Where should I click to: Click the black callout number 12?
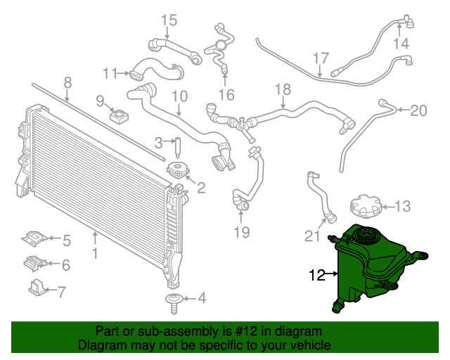click(x=317, y=275)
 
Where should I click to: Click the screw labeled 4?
click(x=174, y=304)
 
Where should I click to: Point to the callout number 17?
click(x=321, y=58)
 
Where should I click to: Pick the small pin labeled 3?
click(x=178, y=148)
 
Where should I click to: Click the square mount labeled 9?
click(x=119, y=116)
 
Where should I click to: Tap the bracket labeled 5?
click(x=34, y=238)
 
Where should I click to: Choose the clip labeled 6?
click(x=34, y=263)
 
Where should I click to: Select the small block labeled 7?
click(x=37, y=286)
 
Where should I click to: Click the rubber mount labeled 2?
click(x=178, y=170)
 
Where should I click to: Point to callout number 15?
click(x=169, y=20)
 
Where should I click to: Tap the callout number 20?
click(x=419, y=110)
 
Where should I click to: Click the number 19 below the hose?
click(x=242, y=232)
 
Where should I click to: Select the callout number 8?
click(x=67, y=83)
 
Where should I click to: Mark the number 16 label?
click(x=226, y=95)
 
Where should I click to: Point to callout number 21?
click(x=312, y=236)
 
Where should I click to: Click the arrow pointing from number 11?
click(x=123, y=74)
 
